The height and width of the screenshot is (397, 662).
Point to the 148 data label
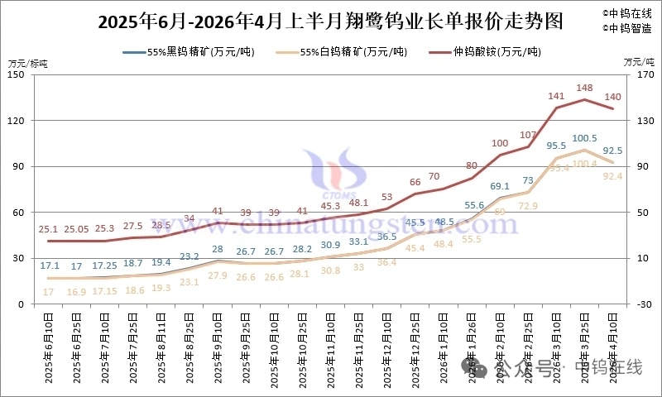(x=585, y=88)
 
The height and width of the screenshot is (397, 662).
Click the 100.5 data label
(x=585, y=138)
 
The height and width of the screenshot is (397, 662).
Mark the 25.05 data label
(x=77, y=228)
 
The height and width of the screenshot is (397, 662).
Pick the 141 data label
(x=557, y=96)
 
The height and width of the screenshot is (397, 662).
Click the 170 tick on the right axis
(x=636, y=74)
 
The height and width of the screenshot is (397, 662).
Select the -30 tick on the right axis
(x=636, y=304)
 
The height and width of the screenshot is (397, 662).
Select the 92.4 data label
(x=613, y=175)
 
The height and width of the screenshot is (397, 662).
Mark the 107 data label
(x=529, y=135)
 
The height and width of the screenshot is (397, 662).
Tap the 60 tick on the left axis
(x=17, y=213)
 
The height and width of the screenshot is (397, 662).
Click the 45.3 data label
(x=330, y=206)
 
